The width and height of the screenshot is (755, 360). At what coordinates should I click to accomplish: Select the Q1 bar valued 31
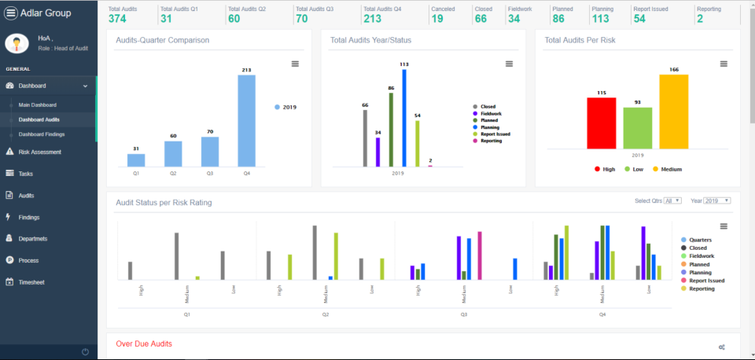[136, 160]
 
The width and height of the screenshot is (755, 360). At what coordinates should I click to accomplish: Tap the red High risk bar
[602, 123]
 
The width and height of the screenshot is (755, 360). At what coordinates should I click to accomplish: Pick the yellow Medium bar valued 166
[673, 112]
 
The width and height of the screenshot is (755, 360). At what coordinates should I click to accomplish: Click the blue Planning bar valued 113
[404, 118]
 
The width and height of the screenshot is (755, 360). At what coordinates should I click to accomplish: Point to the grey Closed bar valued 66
[365, 138]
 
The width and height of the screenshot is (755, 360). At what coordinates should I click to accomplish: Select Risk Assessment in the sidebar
[39, 152]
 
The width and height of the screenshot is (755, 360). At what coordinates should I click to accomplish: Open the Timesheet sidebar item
[31, 281]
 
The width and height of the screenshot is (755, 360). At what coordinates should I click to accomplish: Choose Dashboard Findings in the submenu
[42, 134]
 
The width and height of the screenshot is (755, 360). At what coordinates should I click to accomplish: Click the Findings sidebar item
[28, 217]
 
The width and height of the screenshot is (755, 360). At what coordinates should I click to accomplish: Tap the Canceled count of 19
[437, 18]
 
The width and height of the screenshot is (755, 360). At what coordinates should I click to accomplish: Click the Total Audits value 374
[117, 18]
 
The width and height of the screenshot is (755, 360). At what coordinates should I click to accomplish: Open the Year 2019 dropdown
[717, 200]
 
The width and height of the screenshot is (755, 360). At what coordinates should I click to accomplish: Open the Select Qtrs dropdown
[672, 200]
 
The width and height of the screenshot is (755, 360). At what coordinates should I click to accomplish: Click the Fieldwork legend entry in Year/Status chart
[494, 113]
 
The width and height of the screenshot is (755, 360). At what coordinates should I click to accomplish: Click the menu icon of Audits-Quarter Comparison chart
[295, 64]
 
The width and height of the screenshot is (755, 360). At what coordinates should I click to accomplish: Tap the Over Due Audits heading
[144, 343]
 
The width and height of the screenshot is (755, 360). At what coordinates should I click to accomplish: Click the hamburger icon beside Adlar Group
[11, 13]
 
